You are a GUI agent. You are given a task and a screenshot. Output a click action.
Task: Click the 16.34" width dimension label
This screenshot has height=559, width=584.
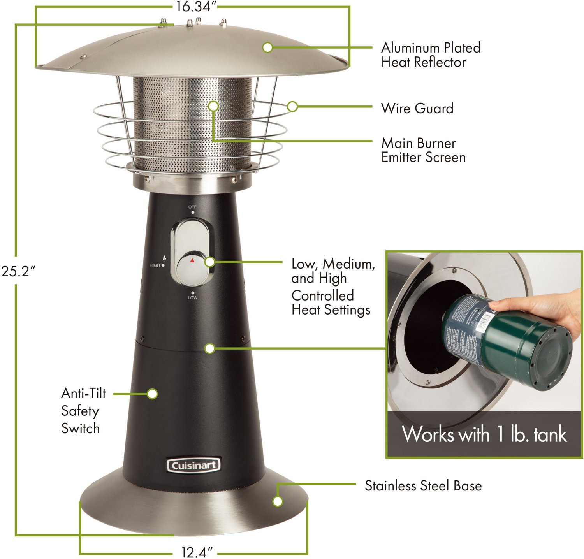tap(193, 7)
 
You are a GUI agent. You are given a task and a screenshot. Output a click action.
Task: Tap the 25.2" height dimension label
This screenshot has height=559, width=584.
tap(18, 271)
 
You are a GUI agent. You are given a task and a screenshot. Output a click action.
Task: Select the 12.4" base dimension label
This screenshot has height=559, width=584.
tap(197, 552)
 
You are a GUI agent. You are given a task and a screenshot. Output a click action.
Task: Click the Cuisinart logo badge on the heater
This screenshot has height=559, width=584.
tap(193, 465)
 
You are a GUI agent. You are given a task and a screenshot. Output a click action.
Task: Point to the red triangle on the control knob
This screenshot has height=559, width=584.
tap(192, 260)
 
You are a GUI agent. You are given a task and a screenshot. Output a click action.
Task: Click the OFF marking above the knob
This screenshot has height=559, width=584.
tap(192, 207)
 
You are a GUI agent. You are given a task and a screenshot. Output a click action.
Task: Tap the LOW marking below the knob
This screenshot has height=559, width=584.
tap(192, 297)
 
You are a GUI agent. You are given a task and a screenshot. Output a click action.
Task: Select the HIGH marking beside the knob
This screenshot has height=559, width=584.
tap(155, 265)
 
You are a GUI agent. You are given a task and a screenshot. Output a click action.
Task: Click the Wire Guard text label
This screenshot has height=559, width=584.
tap(417, 108)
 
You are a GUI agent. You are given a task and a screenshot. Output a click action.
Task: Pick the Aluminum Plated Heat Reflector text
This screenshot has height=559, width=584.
tap(431, 55)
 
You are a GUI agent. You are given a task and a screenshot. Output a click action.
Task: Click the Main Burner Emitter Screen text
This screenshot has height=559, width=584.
tap(423, 150)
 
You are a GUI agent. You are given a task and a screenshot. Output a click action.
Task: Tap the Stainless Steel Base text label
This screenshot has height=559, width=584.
tap(423, 486)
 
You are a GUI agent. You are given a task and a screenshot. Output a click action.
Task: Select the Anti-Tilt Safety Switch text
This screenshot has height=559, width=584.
tap(83, 411)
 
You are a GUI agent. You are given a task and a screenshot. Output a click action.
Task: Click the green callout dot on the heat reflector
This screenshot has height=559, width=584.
tap(267, 47)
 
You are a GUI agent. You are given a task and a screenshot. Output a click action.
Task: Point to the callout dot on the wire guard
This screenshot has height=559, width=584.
tap(292, 106)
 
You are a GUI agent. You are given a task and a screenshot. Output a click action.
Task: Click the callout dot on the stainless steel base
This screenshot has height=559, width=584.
tap(277, 501)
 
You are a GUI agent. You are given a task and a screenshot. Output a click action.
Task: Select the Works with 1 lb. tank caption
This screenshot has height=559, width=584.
tap(484, 434)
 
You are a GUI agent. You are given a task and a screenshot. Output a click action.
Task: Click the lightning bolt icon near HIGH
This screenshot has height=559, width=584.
tap(165, 258)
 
